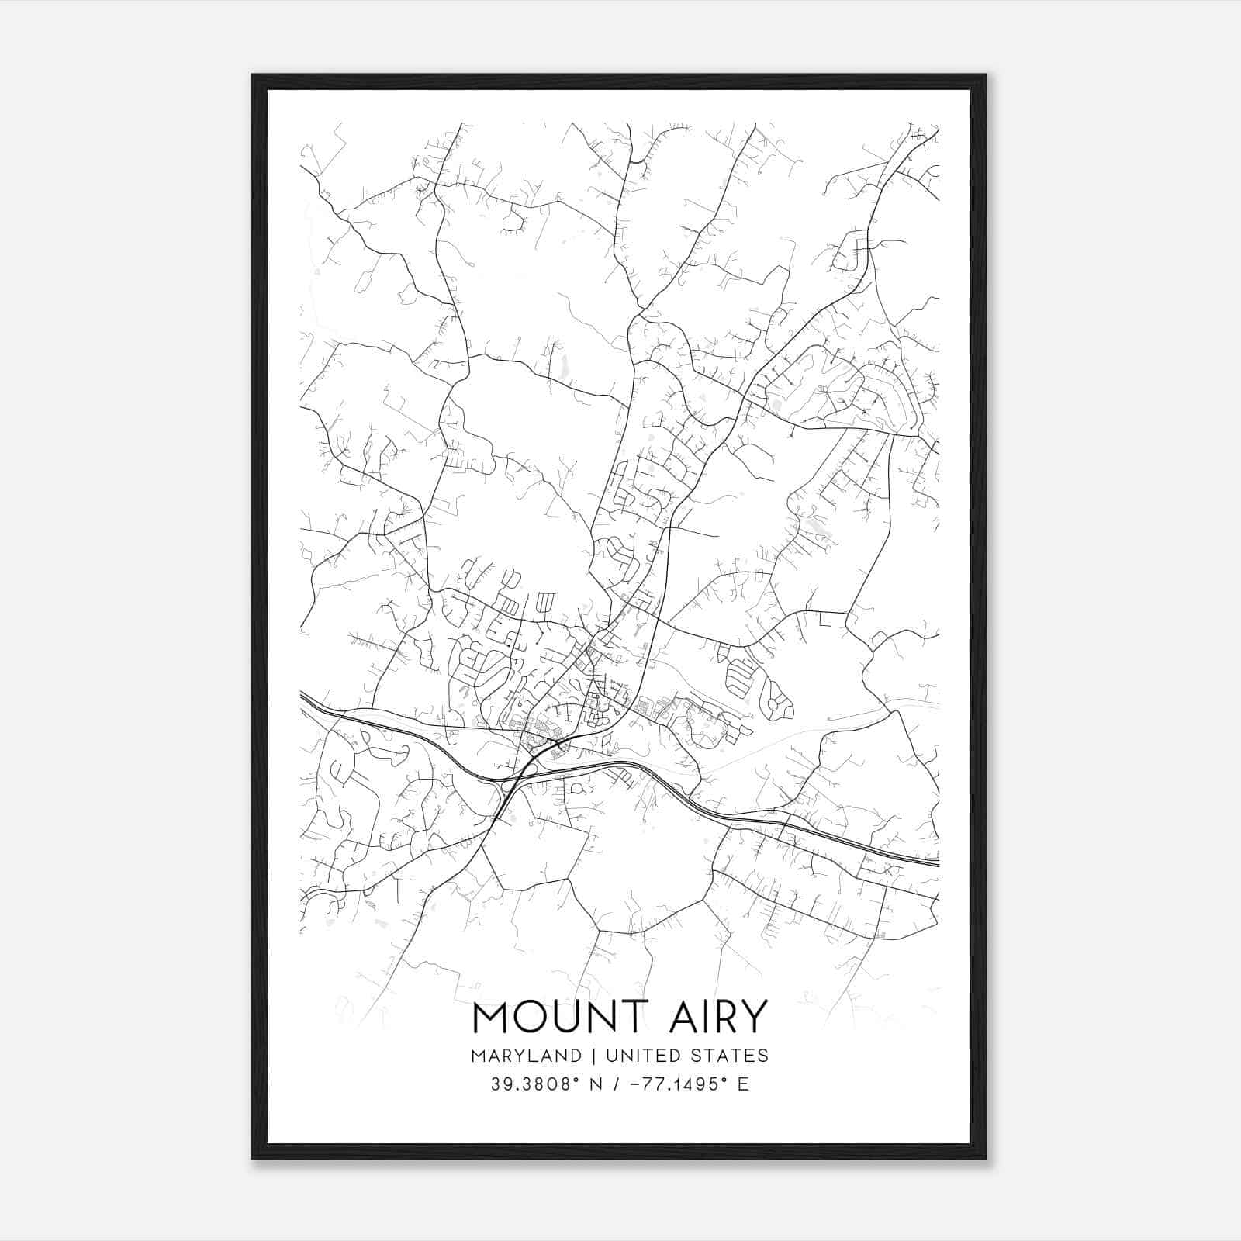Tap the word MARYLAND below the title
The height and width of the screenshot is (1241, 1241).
(x=525, y=1056)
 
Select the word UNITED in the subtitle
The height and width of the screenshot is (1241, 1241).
(x=636, y=1056)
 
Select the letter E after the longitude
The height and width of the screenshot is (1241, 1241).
(x=743, y=1084)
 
